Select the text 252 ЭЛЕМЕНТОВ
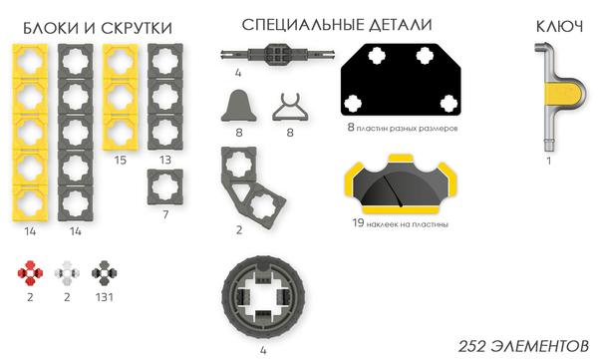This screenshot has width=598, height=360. tap(522, 345)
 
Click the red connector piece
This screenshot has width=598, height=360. tap(31, 271)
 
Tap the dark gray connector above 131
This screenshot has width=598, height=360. tap(102, 271)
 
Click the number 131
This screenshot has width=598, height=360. tap(102, 296)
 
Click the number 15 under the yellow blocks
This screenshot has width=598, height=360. tap(120, 160)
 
